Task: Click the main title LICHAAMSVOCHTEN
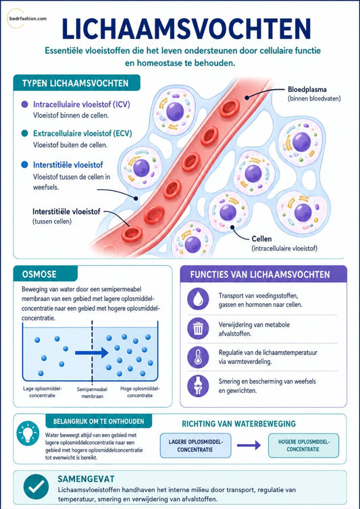[186, 29]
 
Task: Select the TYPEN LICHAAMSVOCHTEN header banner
[77, 83]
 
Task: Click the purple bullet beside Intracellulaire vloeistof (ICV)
[24, 105]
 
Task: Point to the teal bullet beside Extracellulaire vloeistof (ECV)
[24, 134]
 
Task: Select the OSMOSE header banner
[45, 274]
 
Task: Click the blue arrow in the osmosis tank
[92, 352]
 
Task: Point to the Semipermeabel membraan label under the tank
[92, 392]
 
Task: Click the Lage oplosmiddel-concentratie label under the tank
[43, 392]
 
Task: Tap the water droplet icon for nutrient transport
[198, 298]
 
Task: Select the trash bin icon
[198, 328]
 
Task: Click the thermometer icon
[198, 356]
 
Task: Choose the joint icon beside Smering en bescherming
[198, 385]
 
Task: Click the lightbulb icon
[28, 433]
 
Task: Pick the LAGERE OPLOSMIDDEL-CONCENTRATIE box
[196, 445]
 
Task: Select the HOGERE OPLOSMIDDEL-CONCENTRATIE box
[303, 445]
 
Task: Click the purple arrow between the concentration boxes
[249, 445]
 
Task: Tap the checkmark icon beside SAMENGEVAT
[36, 486]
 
